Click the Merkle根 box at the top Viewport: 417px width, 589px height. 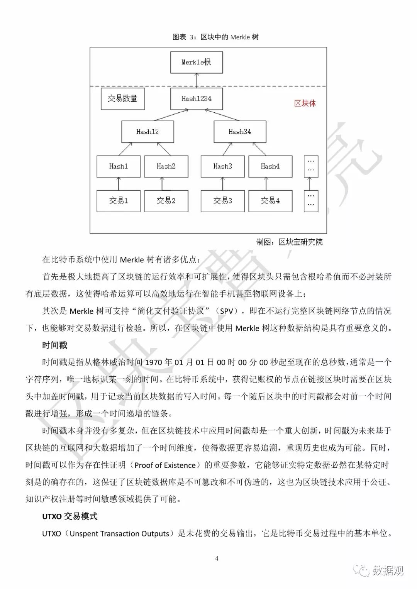coord(197,62)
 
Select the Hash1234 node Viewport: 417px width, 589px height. coord(197,99)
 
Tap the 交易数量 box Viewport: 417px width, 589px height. coord(122,99)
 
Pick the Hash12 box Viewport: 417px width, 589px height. coord(147,132)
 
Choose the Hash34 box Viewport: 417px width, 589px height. coord(240,132)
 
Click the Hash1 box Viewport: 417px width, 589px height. coord(119,166)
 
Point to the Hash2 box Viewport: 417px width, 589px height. coord(166,166)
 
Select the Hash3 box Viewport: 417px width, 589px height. coord(223,166)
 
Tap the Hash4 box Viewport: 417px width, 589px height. coord(270,166)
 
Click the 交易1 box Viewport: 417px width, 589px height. coord(119,201)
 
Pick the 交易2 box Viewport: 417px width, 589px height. coord(166,201)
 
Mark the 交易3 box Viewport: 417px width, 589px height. coord(223,201)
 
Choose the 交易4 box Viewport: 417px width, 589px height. coord(270,201)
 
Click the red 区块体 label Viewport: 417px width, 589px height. coord(305,103)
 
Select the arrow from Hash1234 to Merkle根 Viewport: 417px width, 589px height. coord(197,81)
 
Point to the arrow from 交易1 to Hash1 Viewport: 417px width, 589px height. coord(119,184)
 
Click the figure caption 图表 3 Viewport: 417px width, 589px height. coord(215,37)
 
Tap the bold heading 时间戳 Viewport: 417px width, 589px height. coord(55,345)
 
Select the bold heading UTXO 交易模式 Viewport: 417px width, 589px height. coord(70,516)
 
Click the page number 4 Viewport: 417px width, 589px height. coord(217,559)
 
